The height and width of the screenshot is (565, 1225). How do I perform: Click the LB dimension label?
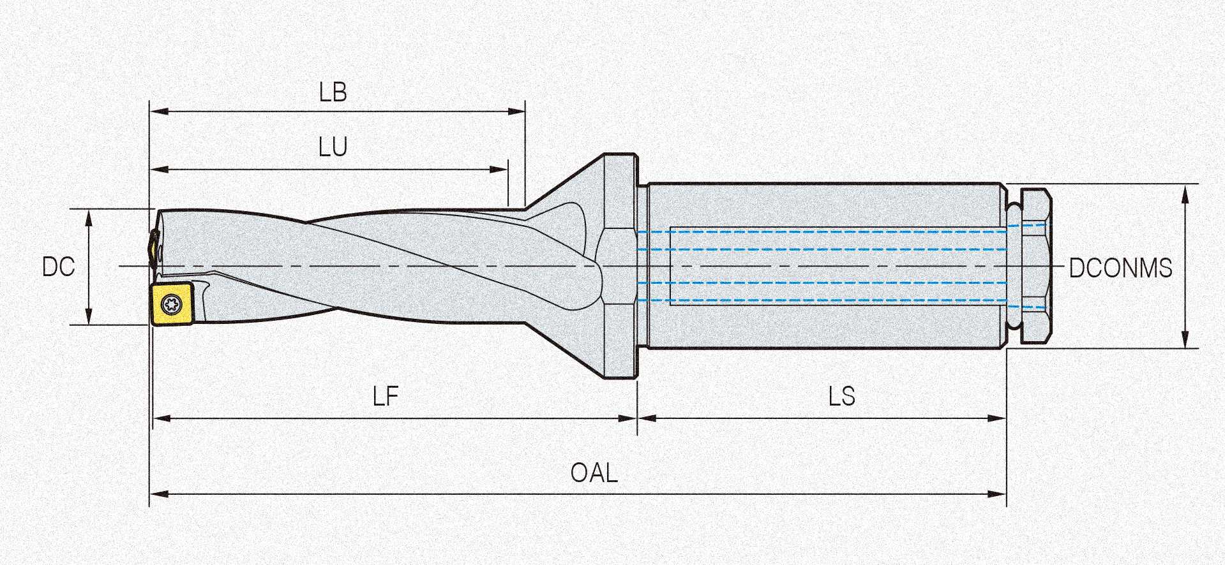pyautogui.click(x=333, y=93)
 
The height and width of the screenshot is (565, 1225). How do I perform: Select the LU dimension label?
pyautogui.click(x=333, y=148)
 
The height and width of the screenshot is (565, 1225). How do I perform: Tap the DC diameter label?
pyautogui.click(x=58, y=267)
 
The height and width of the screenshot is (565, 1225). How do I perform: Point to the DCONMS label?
pyautogui.click(x=1120, y=268)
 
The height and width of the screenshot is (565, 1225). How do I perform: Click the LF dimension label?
pyautogui.click(x=386, y=397)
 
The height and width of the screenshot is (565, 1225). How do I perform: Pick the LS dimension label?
pyautogui.click(x=841, y=397)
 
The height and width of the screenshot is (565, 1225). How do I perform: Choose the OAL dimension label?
pyautogui.click(x=594, y=474)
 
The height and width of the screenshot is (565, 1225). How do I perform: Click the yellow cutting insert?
pyautogui.click(x=172, y=305)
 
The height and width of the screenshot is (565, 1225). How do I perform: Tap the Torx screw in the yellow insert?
pyautogui.click(x=171, y=304)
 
